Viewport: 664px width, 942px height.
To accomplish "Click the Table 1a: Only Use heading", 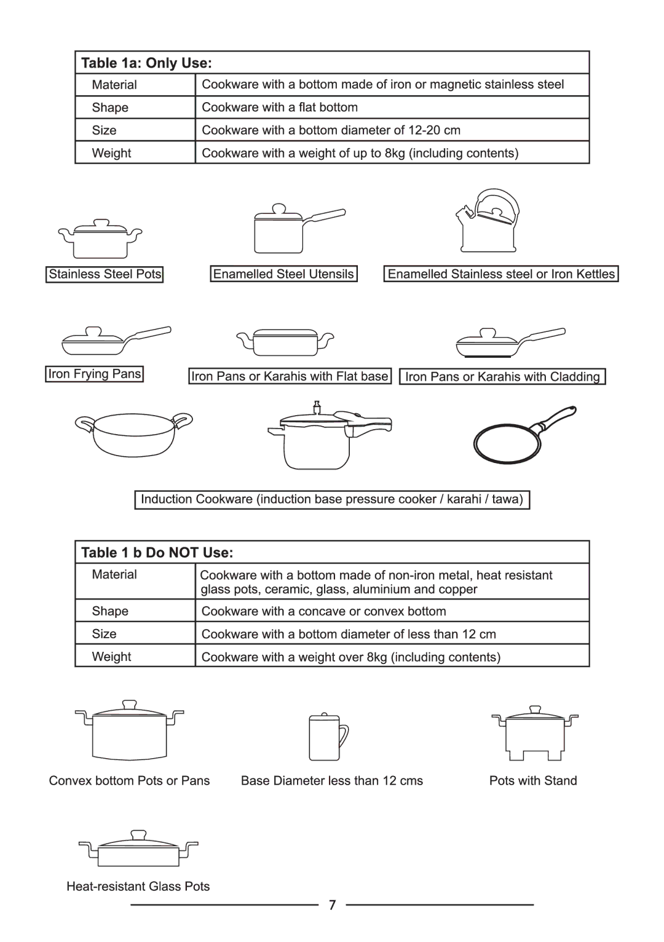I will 146,63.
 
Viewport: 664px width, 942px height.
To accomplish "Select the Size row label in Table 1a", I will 104,130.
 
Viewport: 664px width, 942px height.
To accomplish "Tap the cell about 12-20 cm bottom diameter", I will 331,130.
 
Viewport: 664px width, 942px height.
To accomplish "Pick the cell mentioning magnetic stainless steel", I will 382,84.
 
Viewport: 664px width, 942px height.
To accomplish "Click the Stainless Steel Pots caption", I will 105,274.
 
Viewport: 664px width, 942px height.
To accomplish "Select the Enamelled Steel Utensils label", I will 283,274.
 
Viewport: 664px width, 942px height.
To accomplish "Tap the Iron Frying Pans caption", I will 95,374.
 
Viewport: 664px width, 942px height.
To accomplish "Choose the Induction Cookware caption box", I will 332,499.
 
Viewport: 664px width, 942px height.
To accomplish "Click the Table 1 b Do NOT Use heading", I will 157,552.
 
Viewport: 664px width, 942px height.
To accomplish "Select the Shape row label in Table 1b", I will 110,611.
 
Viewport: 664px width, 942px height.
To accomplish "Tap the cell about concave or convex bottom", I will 323,611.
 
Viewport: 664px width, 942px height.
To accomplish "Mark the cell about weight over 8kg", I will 350,657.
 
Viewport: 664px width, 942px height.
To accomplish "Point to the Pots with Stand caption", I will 533,781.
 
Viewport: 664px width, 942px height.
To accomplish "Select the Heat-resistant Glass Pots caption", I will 138,887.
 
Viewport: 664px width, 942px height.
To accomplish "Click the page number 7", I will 332,905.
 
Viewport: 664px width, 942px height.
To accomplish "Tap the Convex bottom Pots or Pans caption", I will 129,781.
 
